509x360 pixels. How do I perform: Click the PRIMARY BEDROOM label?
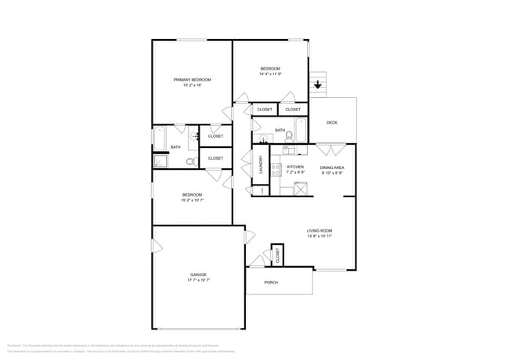pos(192,80)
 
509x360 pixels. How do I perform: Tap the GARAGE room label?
pos(198,275)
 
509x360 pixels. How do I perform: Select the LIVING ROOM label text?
pos(319,231)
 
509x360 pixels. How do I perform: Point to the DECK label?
pos(332,123)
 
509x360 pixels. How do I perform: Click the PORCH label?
pos(271,283)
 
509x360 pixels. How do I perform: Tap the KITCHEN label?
pos(295,167)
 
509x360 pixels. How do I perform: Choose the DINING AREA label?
pos(332,167)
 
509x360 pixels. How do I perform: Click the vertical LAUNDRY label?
pos(262,165)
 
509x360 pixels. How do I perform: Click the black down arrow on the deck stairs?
pos(318,84)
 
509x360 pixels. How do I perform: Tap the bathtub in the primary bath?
pos(159,139)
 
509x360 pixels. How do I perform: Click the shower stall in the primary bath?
pos(161,162)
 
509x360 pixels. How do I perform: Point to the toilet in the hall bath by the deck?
pos(288,137)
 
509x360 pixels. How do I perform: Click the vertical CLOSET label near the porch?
pos(277,254)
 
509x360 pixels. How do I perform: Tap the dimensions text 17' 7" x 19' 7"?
pos(198,280)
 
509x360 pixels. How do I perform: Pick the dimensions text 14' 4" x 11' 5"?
pos(270,74)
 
